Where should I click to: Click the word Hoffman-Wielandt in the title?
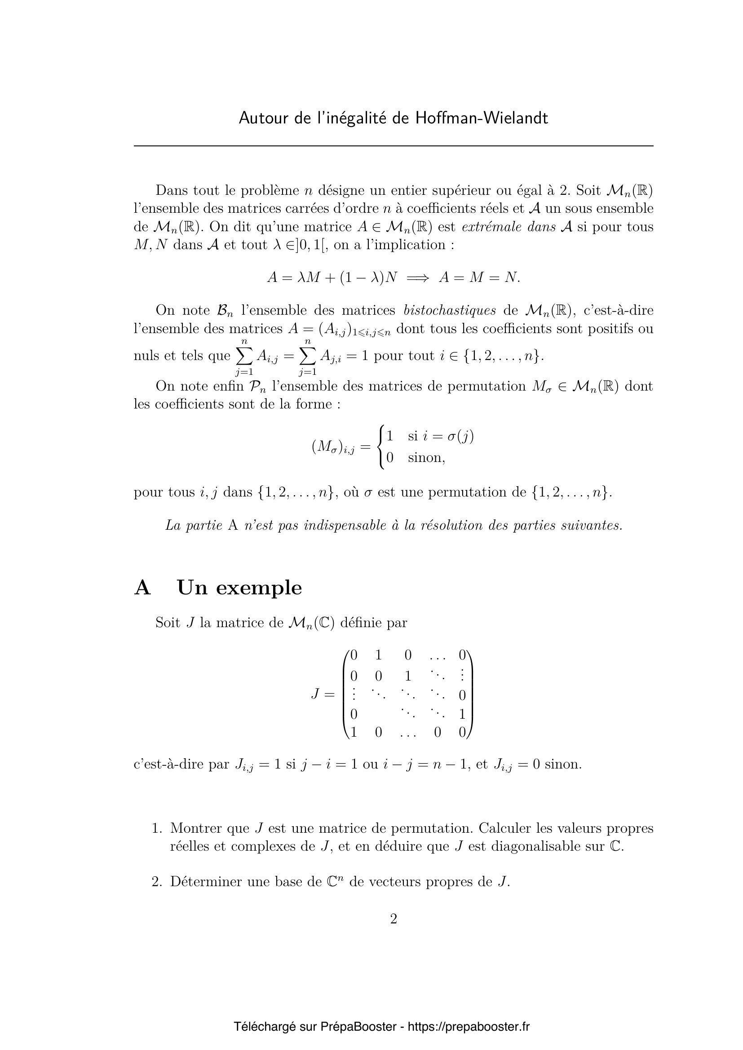pyautogui.click(x=481, y=119)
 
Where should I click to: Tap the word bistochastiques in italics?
pyautogui.click(x=450, y=310)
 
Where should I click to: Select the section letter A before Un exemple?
pyautogui.click(x=142, y=588)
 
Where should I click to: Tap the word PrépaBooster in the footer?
pyautogui.click(x=358, y=1026)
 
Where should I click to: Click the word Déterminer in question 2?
pyautogui.click(x=205, y=882)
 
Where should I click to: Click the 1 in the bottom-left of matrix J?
pyautogui.click(x=353, y=733)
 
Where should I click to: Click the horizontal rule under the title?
pyautogui.click(x=394, y=146)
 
